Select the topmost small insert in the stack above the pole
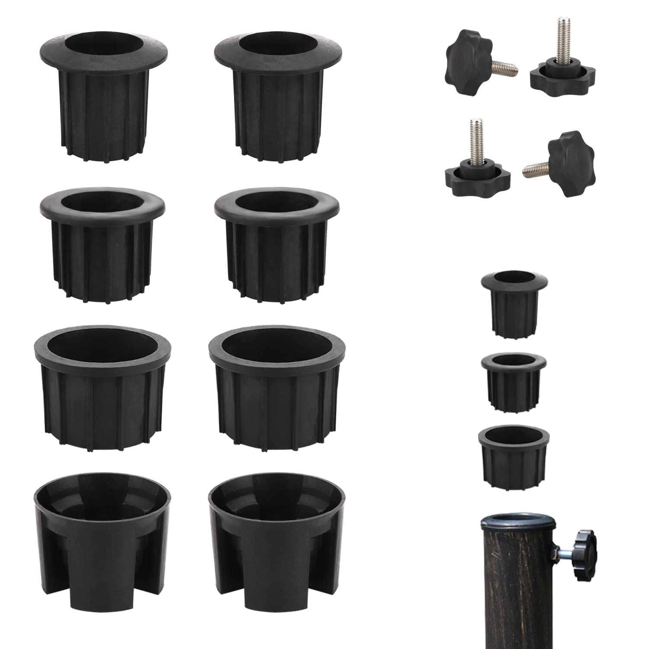coord(514,303)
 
